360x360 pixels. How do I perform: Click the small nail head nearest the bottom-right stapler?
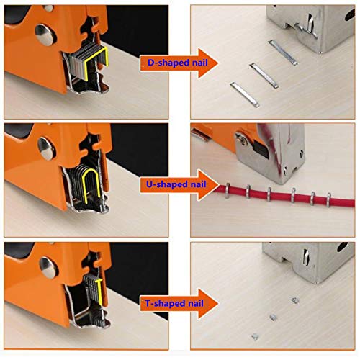coord(294,298)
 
